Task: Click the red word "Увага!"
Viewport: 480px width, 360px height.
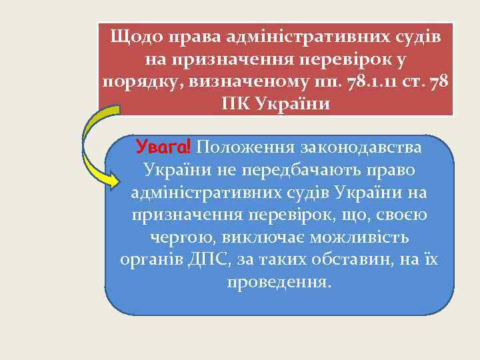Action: coord(163,146)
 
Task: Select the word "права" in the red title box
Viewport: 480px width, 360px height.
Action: coord(193,37)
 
